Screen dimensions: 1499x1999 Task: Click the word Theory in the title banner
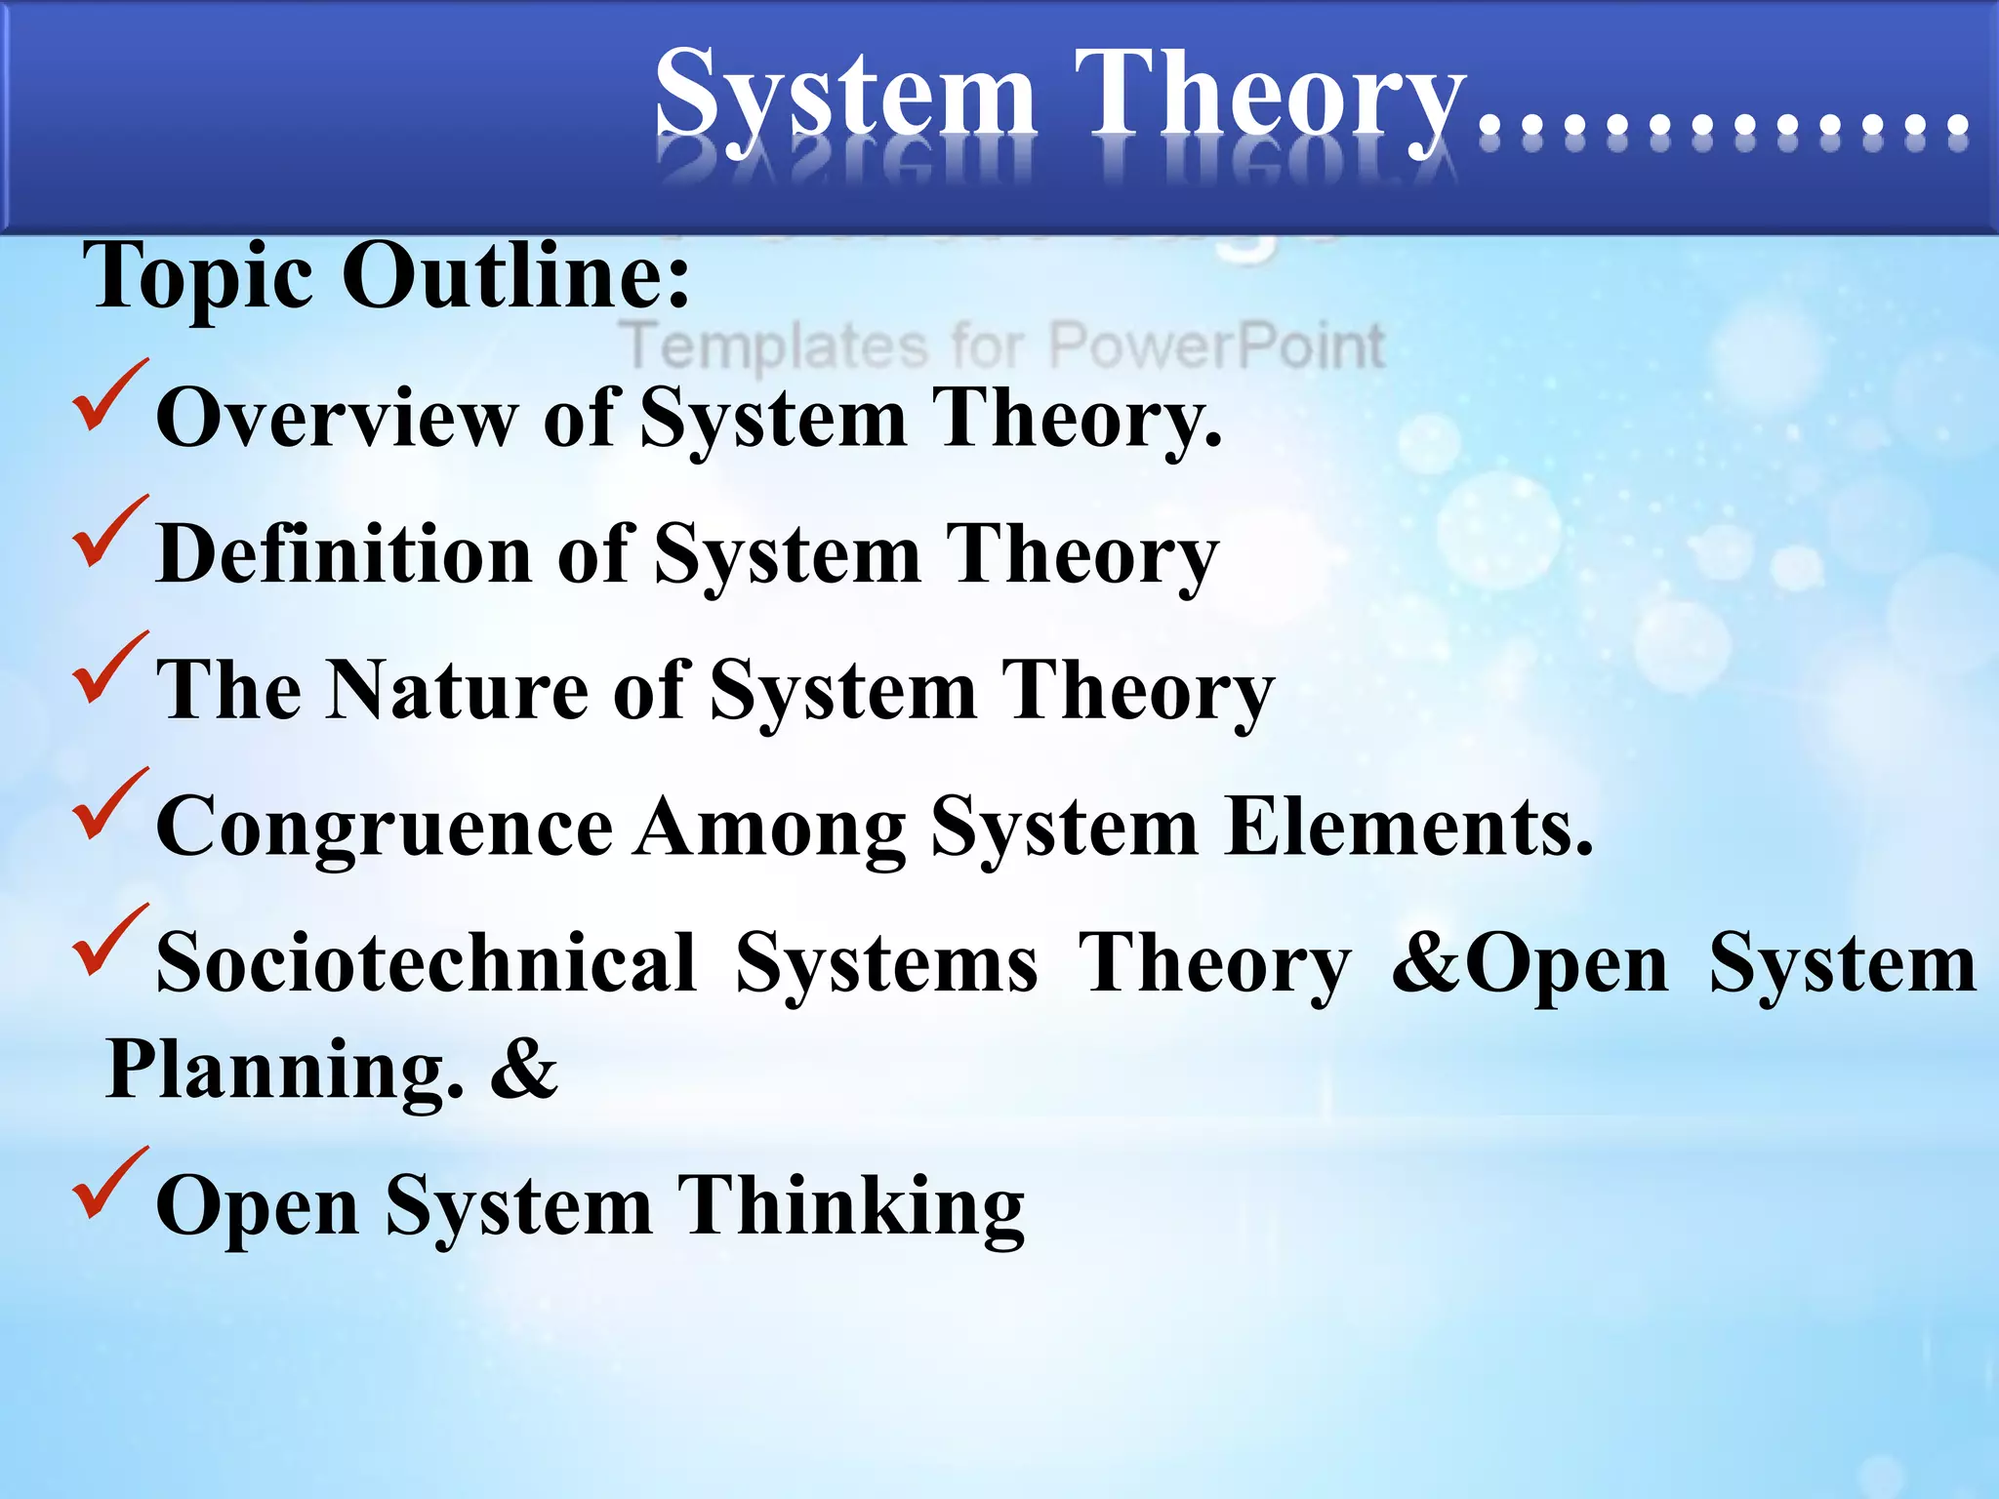click(x=1269, y=98)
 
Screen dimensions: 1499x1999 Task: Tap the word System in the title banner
click(x=845, y=98)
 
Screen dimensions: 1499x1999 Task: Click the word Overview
click(x=336, y=418)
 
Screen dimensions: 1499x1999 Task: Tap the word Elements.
click(x=1408, y=828)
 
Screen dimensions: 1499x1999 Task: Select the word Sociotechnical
click(x=427, y=964)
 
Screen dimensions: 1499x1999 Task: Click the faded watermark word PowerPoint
click(x=1215, y=346)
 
